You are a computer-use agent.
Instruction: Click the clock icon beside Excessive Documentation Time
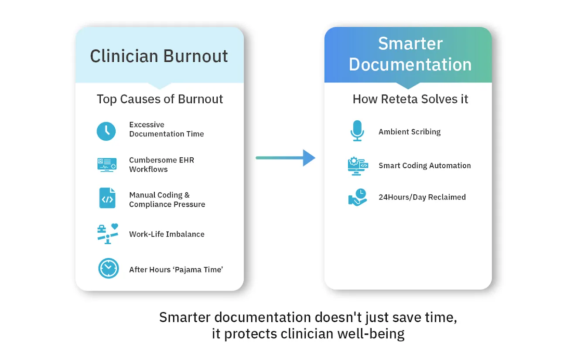106,131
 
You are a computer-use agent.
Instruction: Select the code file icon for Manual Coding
107,198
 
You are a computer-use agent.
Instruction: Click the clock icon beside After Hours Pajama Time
108,268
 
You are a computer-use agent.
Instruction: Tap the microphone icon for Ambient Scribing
357,131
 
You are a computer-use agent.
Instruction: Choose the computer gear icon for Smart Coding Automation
358,166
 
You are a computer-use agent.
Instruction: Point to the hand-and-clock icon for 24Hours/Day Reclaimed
358,197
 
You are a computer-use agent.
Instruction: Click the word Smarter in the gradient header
410,44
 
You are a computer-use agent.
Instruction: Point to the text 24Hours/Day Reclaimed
422,197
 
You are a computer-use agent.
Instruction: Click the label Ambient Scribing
410,132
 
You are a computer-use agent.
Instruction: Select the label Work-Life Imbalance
167,234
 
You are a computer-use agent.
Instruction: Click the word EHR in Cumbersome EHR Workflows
186,160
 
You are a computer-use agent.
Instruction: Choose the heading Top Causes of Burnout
160,99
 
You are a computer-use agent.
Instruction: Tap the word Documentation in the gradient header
410,65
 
